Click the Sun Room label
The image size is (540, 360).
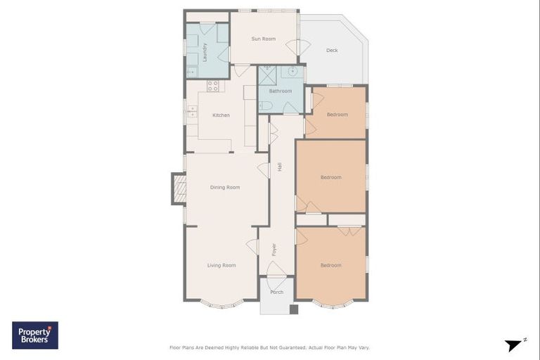tap(264, 39)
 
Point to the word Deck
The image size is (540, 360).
tap(332, 51)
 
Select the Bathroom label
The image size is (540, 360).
tap(280, 91)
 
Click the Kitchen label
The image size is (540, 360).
tap(221, 115)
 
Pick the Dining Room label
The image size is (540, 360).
tap(225, 187)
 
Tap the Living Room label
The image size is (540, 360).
tap(221, 265)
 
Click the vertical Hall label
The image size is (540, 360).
tap(279, 167)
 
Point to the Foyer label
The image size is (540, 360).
tap(274, 249)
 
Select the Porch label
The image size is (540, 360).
tap(276, 292)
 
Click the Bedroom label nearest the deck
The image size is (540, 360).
tap(337, 115)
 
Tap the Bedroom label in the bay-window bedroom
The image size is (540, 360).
tap(330, 265)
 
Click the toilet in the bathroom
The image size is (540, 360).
tap(265, 105)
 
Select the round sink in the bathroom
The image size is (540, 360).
tap(292, 72)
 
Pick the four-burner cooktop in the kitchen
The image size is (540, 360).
tap(213, 86)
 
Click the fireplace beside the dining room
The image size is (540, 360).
tap(179, 188)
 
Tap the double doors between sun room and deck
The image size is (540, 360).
tap(302, 48)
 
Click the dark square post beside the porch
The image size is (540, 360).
tap(293, 308)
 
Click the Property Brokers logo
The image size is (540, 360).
tap(35, 335)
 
